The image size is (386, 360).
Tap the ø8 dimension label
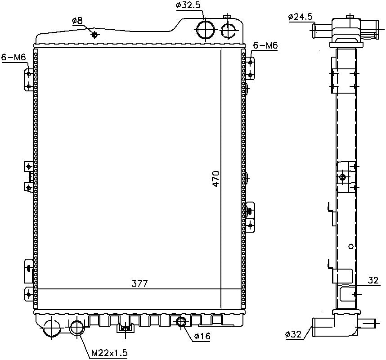[77, 21]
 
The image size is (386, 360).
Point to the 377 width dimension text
[139, 283]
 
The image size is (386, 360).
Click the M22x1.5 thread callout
[109, 353]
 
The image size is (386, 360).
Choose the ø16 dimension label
[202, 336]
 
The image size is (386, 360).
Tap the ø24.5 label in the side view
[301, 17]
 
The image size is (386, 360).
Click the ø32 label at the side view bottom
[293, 334]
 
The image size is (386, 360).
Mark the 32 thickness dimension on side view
[373, 280]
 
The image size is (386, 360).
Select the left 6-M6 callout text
[13, 58]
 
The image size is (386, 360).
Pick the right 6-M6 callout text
[265, 45]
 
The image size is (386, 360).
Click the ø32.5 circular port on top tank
[206, 30]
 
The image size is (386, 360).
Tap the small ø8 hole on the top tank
[95, 35]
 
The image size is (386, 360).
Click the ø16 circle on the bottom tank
[182, 322]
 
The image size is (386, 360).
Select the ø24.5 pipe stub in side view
[322, 30]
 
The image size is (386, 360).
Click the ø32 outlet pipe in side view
[323, 327]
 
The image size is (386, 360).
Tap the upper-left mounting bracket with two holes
[28, 80]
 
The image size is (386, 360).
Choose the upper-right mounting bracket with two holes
[250, 68]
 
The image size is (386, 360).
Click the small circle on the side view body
[351, 246]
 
